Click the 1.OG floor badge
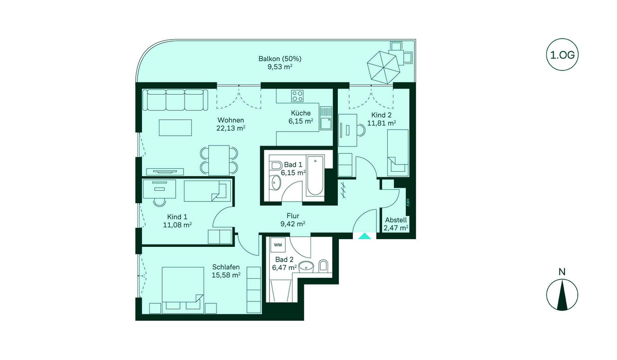(562, 55)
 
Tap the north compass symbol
(562, 295)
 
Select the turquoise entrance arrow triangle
(365, 236)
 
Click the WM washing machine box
(278, 245)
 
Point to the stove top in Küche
(298, 96)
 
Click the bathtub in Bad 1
(315, 175)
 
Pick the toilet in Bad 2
(323, 266)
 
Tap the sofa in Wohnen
(175, 100)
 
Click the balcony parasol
(383, 67)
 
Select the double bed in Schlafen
(183, 290)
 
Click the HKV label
(408, 203)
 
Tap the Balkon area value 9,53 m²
(280, 67)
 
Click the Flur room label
(293, 215)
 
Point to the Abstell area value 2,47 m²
(396, 228)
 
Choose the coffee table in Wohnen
(175, 128)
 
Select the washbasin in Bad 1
(276, 182)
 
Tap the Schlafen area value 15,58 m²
(226, 275)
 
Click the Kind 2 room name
(381, 115)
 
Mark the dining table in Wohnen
(219, 160)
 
